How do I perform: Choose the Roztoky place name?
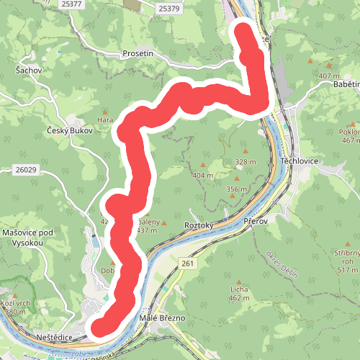(200, 225)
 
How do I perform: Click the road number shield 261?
(188, 264)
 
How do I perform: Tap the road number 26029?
(25, 169)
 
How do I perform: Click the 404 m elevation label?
(202, 175)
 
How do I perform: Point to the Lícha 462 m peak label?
(239, 292)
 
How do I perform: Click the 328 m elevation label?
(245, 162)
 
